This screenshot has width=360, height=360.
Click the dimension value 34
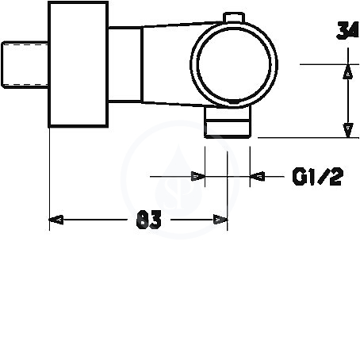(347, 30)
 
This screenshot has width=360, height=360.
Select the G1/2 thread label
(318, 176)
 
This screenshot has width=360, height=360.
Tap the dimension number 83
(148, 220)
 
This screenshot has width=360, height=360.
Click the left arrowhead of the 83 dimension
(56, 220)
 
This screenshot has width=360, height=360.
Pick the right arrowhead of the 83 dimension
(220, 220)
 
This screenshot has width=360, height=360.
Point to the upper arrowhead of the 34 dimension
(348, 71)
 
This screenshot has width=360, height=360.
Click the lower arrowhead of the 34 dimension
(348, 130)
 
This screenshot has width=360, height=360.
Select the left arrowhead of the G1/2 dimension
(198, 176)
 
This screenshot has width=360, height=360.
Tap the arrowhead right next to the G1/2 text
(257, 176)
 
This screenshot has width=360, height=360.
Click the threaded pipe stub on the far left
(25, 64)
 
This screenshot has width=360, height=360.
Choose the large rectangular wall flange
(79, 64)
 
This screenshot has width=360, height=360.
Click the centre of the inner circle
(234, 64)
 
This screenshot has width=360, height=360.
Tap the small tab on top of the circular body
(234, 17)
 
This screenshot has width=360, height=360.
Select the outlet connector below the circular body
(228, 122)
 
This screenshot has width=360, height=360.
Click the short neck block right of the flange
(125, 64)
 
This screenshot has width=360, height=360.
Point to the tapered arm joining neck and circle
(169, 64)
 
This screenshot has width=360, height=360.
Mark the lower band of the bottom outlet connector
(228, 129)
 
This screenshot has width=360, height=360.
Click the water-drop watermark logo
(178, 180)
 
